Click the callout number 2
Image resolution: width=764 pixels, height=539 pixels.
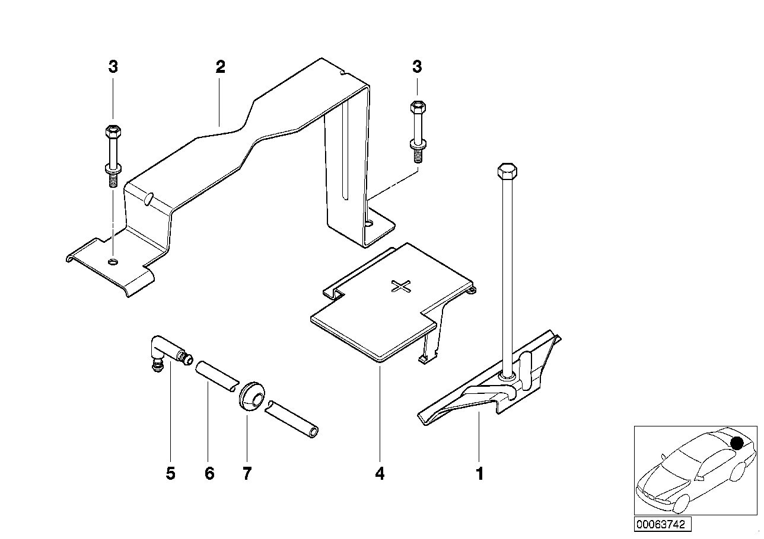pyautogui.click(x=220, y=67)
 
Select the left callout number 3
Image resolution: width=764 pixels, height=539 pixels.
pyautogui.click(x=113, y=67)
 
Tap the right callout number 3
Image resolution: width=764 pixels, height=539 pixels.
pyautogui.click(x=417, y=67)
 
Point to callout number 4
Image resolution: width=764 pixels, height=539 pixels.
pyautogui.click(x=380, y=474)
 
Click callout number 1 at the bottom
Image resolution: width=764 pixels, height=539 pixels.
pyautogui.click(x=480, y=474)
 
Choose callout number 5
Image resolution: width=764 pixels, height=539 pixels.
pyautogui.click(x=171, y=474)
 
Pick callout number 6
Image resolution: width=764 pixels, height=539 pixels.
pyautogui.click(x=209, y=474)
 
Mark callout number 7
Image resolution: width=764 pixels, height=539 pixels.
pyautogui.click(x=247, y=474)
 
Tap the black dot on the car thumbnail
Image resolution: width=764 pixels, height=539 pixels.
pyautogui.click(x=737, y=442)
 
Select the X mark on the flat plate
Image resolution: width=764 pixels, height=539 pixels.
pyautogui.click(x=402, y=287)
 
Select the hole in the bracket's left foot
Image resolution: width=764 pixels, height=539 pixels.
pyautogui.click(x=113, y=262)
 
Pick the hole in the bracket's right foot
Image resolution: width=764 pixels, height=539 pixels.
pyautogui.click(x=369, y=224)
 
